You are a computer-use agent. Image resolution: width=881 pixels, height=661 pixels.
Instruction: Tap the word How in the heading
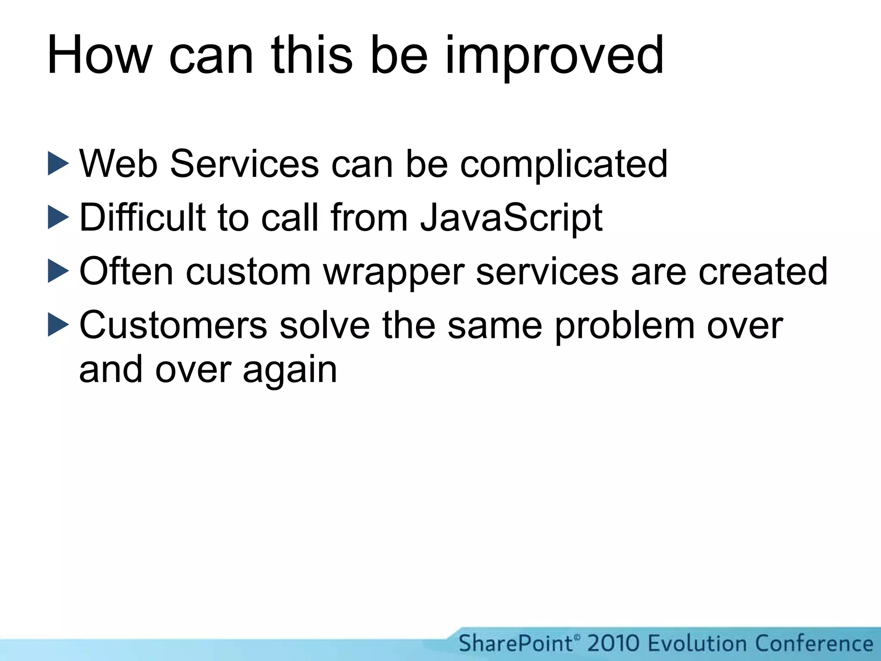[x=99, y=56]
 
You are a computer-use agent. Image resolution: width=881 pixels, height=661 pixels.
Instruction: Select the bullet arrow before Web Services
[x=58, y=163]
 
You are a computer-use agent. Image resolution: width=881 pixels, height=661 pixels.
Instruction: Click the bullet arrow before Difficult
[x=58, y=217]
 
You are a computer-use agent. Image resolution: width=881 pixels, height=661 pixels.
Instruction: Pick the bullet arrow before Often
[x=58, y=271]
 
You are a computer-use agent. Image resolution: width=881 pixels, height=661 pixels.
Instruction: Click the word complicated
[x=564, y=164]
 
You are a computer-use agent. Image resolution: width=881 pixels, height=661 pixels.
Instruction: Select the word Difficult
[x=142, y=217]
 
